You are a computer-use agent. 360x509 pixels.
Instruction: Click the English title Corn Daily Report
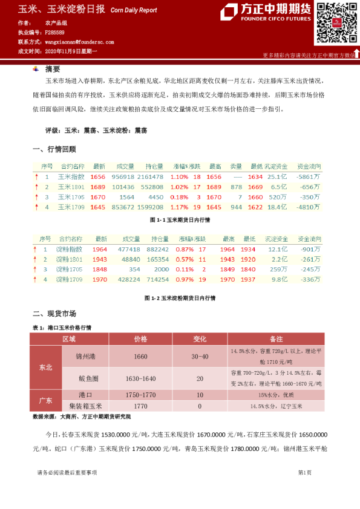pos(134,10)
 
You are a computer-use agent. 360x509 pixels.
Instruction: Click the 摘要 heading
pos(53,69)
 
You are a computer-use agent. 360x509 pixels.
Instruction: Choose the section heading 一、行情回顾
pos(54,149)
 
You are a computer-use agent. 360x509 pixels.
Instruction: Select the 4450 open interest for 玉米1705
pos(155,197)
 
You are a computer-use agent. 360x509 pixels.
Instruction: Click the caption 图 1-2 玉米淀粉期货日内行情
pos(180,298)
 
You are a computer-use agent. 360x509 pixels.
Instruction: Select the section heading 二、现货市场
pos(54,314)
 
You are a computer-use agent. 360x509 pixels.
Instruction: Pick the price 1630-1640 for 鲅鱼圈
pos(141,378)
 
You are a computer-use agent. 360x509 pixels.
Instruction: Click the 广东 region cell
pos(45,400)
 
